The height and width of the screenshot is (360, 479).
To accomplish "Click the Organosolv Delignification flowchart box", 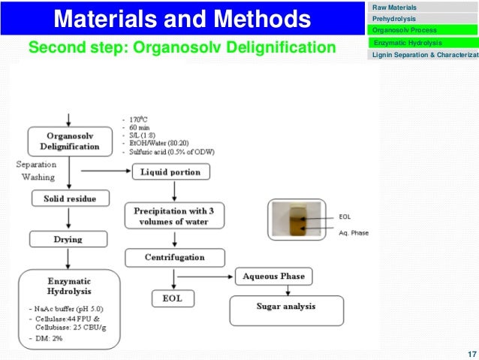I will coord(69,141).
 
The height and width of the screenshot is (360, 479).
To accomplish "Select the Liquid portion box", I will coord(170,172).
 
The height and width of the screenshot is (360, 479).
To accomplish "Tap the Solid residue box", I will coord(69,199).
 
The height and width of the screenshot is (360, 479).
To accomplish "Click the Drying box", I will coord(68,239).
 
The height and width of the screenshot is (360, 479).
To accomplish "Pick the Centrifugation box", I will coord(174,257).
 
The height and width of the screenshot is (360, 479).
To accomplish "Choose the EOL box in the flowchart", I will coord(172,298).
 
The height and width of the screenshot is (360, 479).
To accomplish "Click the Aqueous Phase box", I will coord(273,277).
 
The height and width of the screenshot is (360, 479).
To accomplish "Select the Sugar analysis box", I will coord(285,307).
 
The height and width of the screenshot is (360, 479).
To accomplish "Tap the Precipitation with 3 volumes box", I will coord(174,216).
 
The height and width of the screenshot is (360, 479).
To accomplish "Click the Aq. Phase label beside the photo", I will coord(354,233).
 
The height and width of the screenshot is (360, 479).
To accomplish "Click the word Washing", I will coord(34,177).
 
